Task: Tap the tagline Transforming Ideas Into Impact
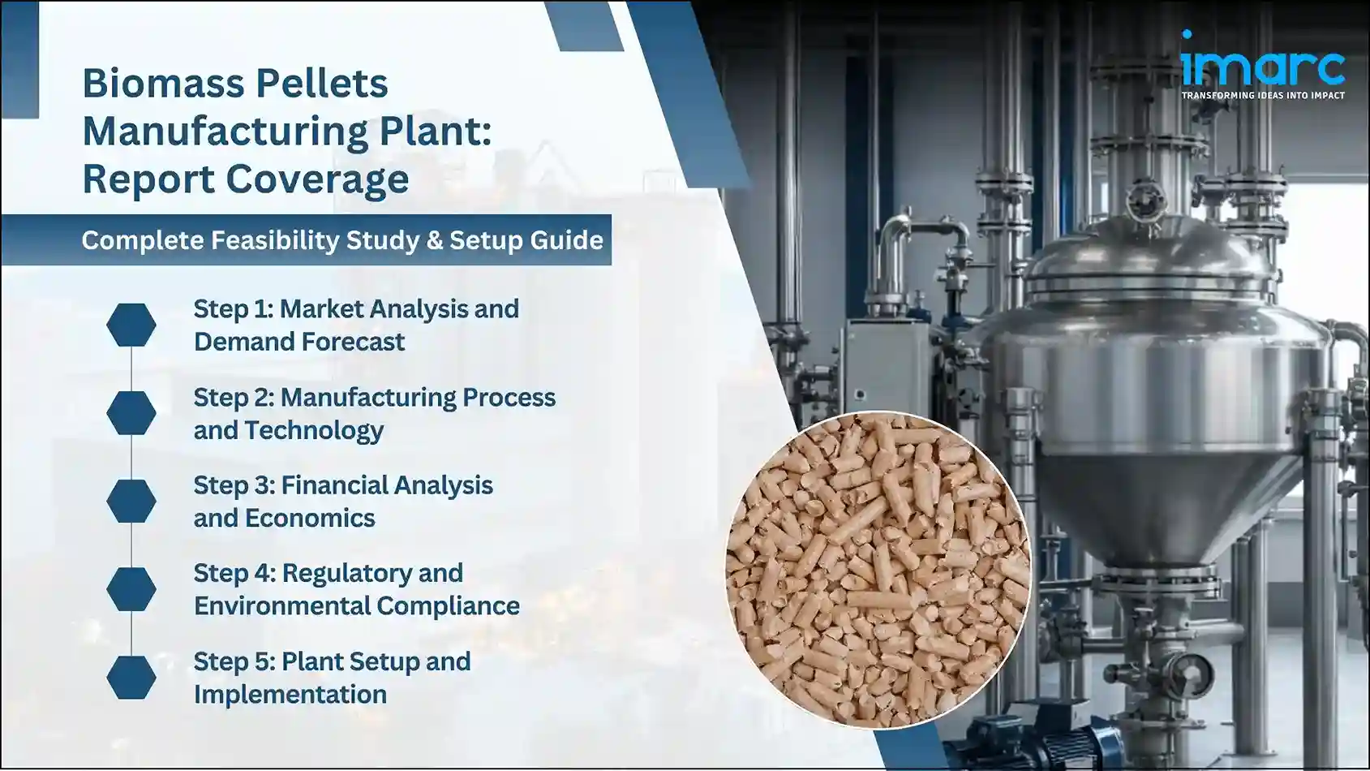1262,96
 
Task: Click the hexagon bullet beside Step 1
131,325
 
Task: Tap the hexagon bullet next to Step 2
131,412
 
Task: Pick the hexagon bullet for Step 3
131,501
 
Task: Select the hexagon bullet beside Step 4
131,588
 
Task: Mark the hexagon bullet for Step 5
131,677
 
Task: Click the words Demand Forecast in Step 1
298,342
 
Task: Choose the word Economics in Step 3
310,519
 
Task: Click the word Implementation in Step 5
290,695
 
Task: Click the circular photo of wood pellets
878,568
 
